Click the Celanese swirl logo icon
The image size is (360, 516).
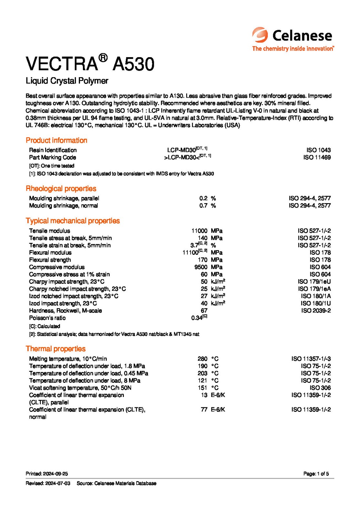click(x=260, y=35)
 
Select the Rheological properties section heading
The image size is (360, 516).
click(x=61, y=189)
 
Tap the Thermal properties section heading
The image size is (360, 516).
click(x=55, y=349)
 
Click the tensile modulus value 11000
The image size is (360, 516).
click(x=199, y=231)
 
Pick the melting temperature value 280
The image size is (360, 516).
click(x=202, y=359)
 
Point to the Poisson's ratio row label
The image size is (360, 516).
click(x=47, y=318)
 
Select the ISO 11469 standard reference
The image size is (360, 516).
click(x=317, y=158)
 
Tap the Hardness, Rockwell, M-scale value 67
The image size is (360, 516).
click(x=204, y=311)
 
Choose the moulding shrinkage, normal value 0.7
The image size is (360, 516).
click(x=203, y=206)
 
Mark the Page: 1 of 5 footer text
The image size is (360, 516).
click(x=316, y=474)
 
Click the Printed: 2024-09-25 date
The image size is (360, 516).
click(x=47, y=474)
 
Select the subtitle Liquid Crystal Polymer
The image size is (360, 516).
click(x=67, y=81)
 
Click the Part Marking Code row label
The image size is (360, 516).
click(x=52, y=158)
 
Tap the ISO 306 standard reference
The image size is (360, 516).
click(x=320, y=388)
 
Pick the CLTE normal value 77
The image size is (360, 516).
click(x=204, y=410)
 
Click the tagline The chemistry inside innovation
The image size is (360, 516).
click(x=293, y=49)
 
